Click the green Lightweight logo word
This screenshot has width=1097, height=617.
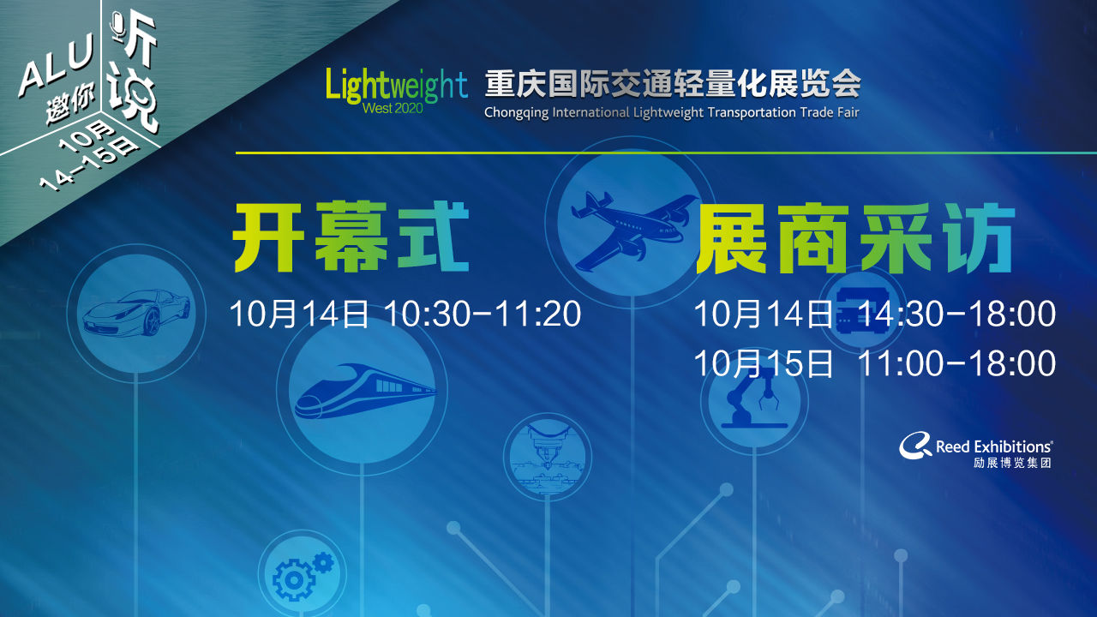397,86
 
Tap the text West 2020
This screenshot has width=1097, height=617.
393,108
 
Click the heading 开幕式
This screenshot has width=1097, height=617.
351,237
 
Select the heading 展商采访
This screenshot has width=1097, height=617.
855,238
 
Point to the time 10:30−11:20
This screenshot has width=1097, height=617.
483,314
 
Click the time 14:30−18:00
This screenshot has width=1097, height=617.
957,314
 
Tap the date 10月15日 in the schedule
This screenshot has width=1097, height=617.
764,363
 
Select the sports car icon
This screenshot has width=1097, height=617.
136,313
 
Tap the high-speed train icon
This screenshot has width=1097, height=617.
365,391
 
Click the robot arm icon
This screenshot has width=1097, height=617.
753,397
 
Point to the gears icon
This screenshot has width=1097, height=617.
303,576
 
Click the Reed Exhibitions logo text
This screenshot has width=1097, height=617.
994,446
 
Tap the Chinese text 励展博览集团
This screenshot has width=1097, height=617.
1012,463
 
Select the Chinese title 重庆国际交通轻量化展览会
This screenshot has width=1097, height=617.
673,84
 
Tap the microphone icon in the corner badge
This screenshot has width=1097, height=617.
118,27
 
